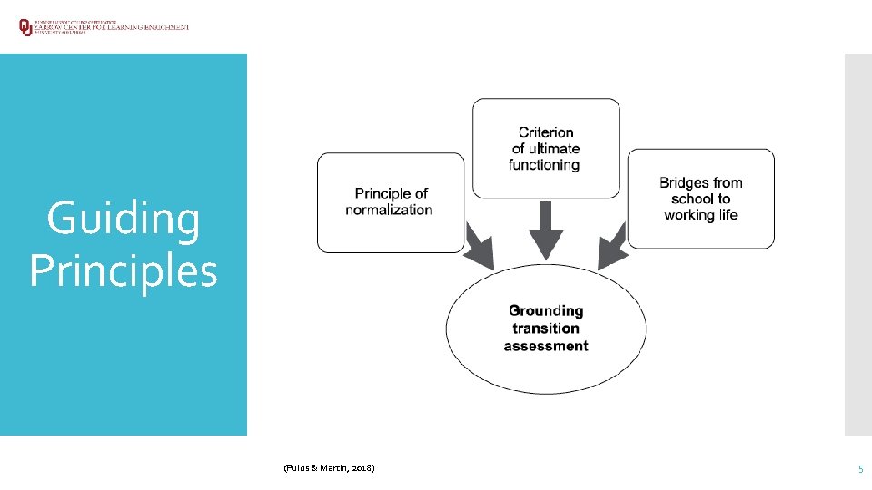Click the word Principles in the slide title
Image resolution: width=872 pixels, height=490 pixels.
click(124, 270)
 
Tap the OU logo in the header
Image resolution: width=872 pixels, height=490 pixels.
click(25, 27)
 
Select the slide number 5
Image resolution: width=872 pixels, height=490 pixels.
click(860, 468)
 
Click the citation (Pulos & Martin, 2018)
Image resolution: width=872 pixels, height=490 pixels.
click(328, 467)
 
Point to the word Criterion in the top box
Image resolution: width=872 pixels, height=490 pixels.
click(545, 132)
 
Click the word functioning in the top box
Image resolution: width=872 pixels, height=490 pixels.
click(544, 165)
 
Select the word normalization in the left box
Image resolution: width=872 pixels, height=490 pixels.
click(389, 210)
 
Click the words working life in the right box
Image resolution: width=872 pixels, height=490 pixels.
click(700, 215)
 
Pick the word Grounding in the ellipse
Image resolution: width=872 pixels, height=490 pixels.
click(546, 310)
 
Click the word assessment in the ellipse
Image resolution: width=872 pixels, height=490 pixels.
click(546, 346)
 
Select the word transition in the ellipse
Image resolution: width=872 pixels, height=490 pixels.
click(546, 328)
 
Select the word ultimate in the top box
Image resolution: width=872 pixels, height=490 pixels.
click(555, 149)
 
